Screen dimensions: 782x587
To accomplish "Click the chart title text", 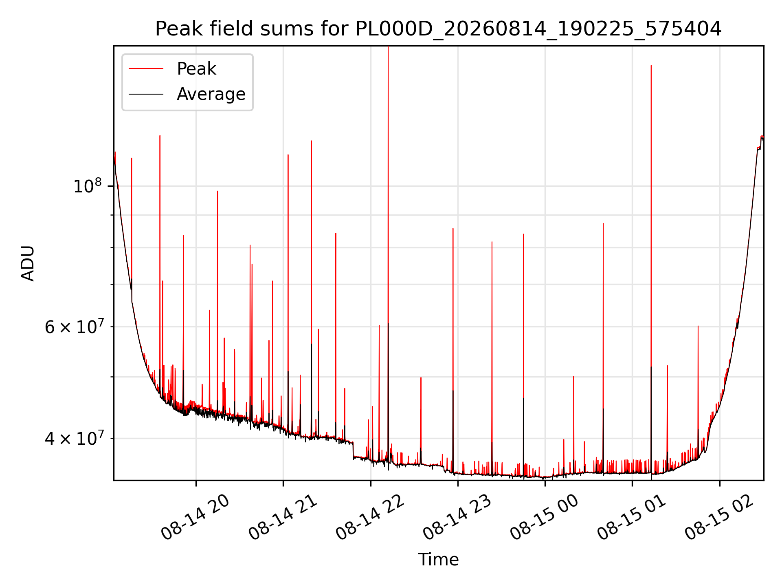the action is pos(438,29).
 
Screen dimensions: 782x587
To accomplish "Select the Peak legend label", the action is pos(196,69).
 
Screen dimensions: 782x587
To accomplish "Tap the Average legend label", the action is pos(211,94).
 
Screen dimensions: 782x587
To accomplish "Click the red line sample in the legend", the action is pos(146,69).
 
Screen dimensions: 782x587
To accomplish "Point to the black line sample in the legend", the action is pos(146,94).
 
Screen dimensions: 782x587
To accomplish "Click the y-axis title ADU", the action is pos(28,263).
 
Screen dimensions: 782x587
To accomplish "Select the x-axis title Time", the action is pos(438,560).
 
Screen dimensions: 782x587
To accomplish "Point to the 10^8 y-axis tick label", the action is pos(87,185).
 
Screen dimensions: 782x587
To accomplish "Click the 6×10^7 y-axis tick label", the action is pos(73,326).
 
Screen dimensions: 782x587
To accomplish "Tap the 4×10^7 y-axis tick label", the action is pos(73,438).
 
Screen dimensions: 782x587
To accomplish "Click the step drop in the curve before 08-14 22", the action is pos(353,450).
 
